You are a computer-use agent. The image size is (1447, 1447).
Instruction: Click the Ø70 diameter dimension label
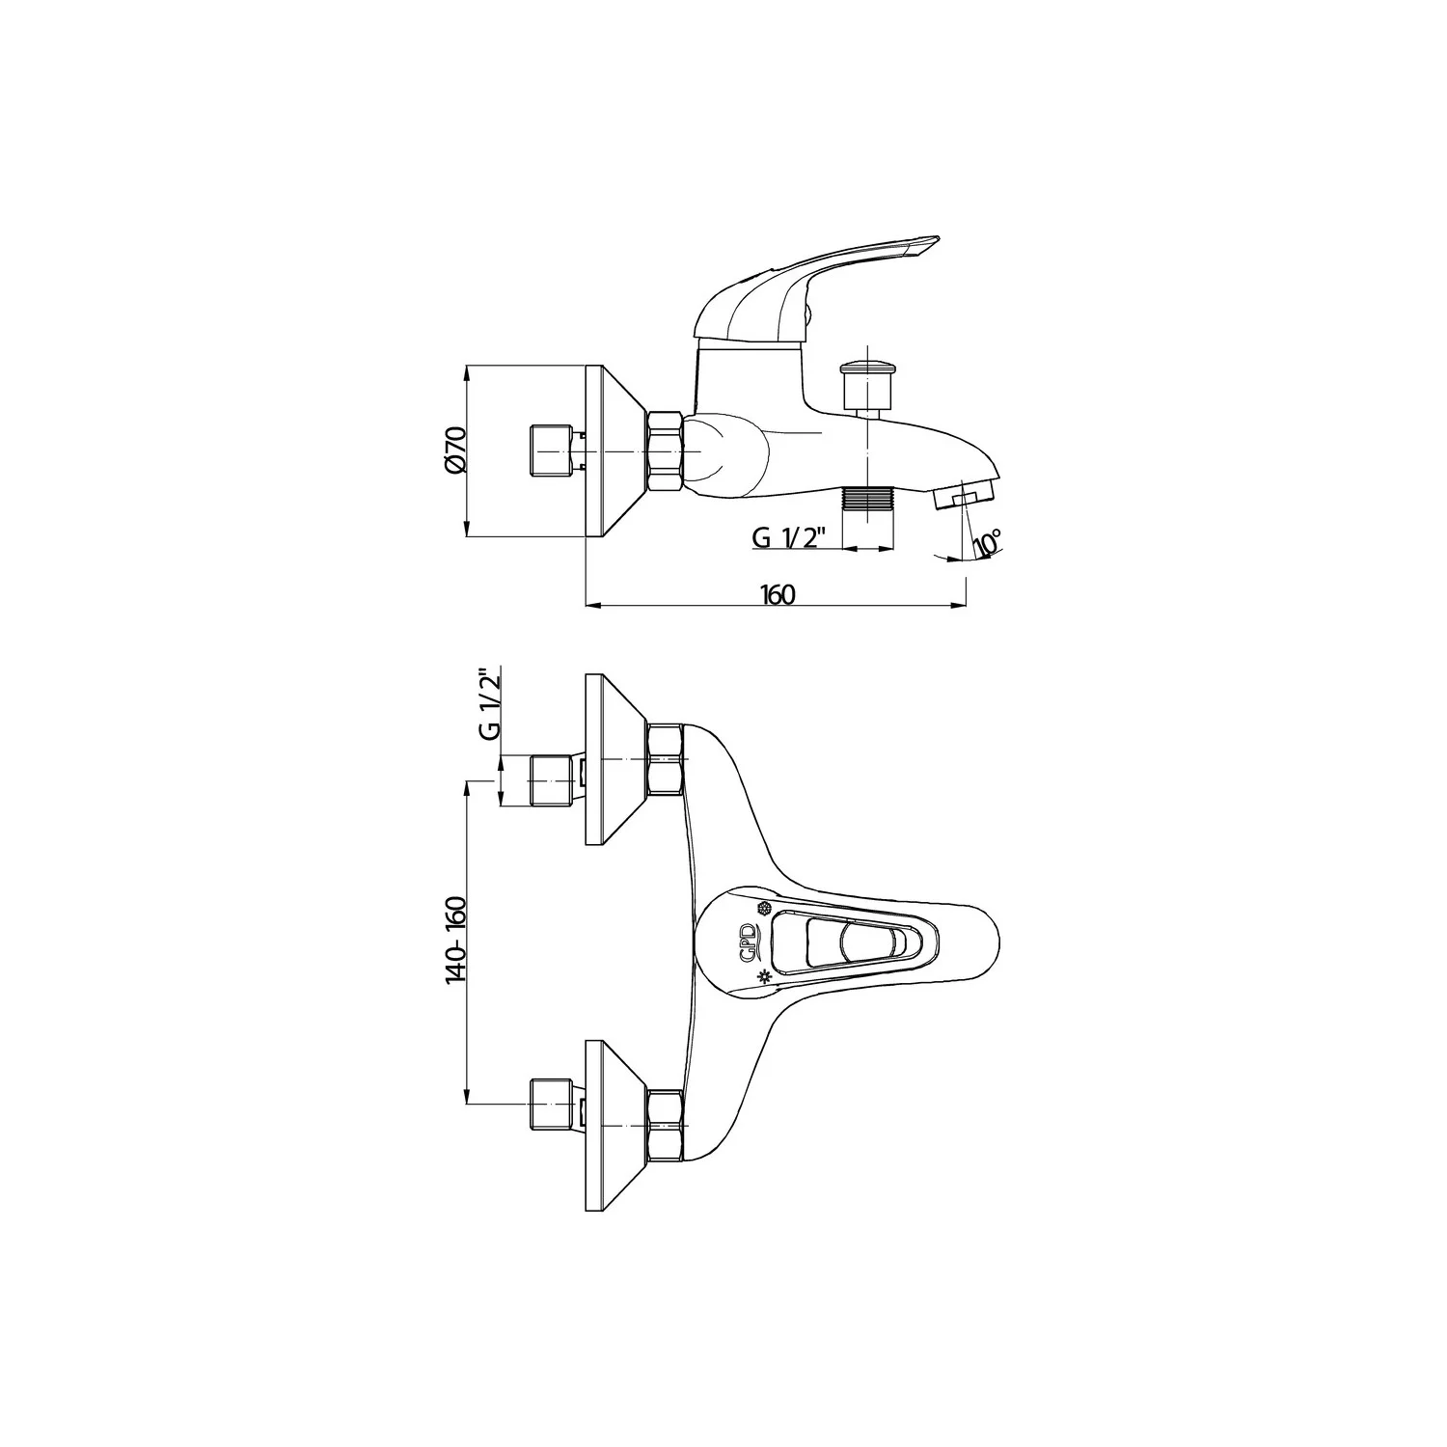pos(456,450)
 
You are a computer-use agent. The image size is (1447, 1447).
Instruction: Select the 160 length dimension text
pos(778,594)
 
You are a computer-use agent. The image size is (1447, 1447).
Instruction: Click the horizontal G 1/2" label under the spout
pos(786,538)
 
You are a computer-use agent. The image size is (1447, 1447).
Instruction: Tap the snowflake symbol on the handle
pos(764,909)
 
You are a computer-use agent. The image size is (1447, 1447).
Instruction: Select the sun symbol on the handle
pos(765,976)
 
